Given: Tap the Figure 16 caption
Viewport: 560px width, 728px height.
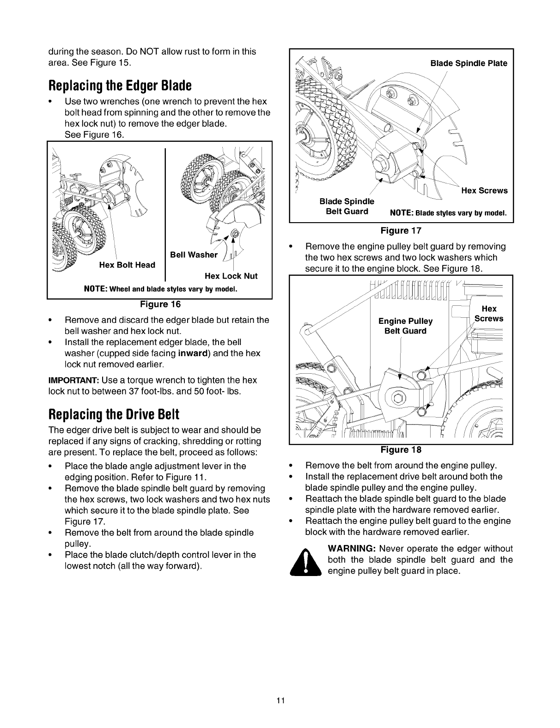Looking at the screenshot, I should [x=160, y=304].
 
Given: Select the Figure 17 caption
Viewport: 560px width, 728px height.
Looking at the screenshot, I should [x=401, y=230].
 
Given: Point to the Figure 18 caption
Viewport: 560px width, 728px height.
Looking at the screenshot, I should [x=401, y=449].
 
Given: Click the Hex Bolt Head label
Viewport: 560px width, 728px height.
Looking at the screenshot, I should [x=127, y=265].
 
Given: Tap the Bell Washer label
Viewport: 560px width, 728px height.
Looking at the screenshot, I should [x=194, y=255].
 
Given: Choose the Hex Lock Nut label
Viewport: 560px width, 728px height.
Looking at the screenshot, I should [x=231, y=276].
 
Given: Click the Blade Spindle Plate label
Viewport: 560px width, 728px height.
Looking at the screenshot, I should [x=469, y=63].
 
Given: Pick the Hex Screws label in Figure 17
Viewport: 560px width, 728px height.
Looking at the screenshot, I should [x=484, y=190].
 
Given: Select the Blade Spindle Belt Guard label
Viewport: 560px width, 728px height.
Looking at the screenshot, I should [x=347, y=206].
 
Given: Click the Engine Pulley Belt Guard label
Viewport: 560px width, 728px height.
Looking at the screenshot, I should [x=405, y=326].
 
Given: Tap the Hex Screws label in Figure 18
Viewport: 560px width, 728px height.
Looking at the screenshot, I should [x=489, y=314].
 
